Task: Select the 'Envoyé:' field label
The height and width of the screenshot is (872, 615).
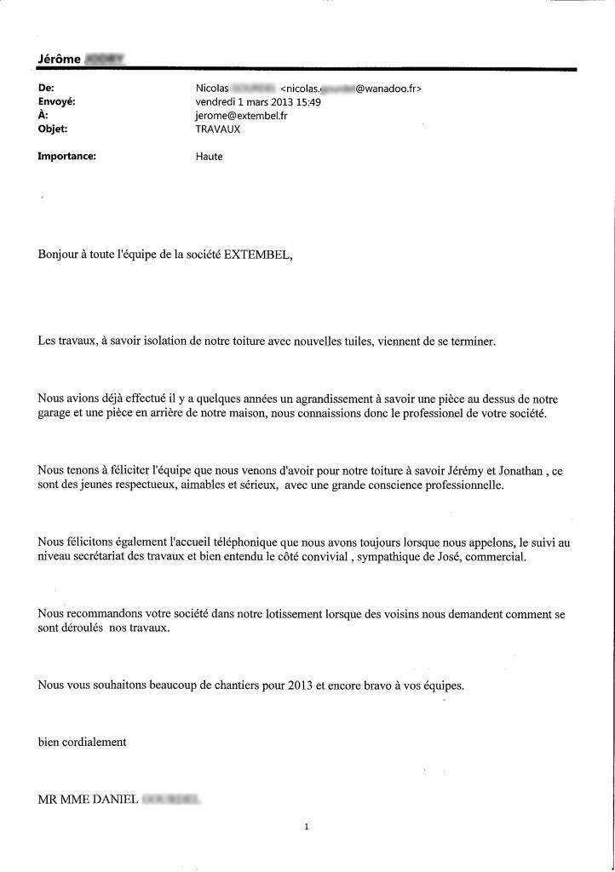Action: click(x=57, y=102)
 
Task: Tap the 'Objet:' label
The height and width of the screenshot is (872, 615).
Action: click(x=53, y=129)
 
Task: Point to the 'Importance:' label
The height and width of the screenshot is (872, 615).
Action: click(x=67, y=157)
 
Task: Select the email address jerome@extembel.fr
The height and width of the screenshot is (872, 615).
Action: click(x=242, y=116)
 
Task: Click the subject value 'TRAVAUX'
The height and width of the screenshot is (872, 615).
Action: click(x=218, y=129)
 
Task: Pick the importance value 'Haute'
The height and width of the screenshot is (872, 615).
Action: click(x=210, y=157)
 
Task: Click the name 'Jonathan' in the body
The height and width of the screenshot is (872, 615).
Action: click(x=516, y=470)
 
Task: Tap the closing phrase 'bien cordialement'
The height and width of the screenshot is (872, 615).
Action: click(x=82, y=742)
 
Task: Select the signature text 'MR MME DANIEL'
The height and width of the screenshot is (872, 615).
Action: click(x=89, y=800)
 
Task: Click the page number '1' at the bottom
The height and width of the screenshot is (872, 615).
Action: click(x=306, y=826)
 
